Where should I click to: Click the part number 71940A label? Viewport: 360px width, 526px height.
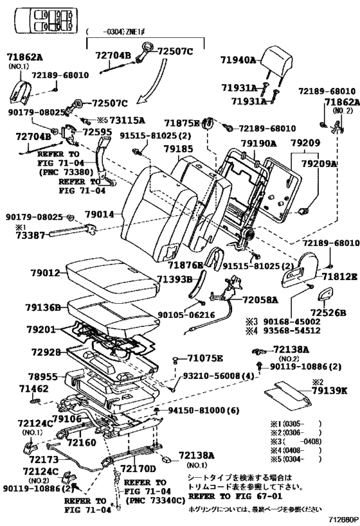tap(239, 60)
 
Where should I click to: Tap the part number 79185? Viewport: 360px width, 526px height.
tap(178, 149)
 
